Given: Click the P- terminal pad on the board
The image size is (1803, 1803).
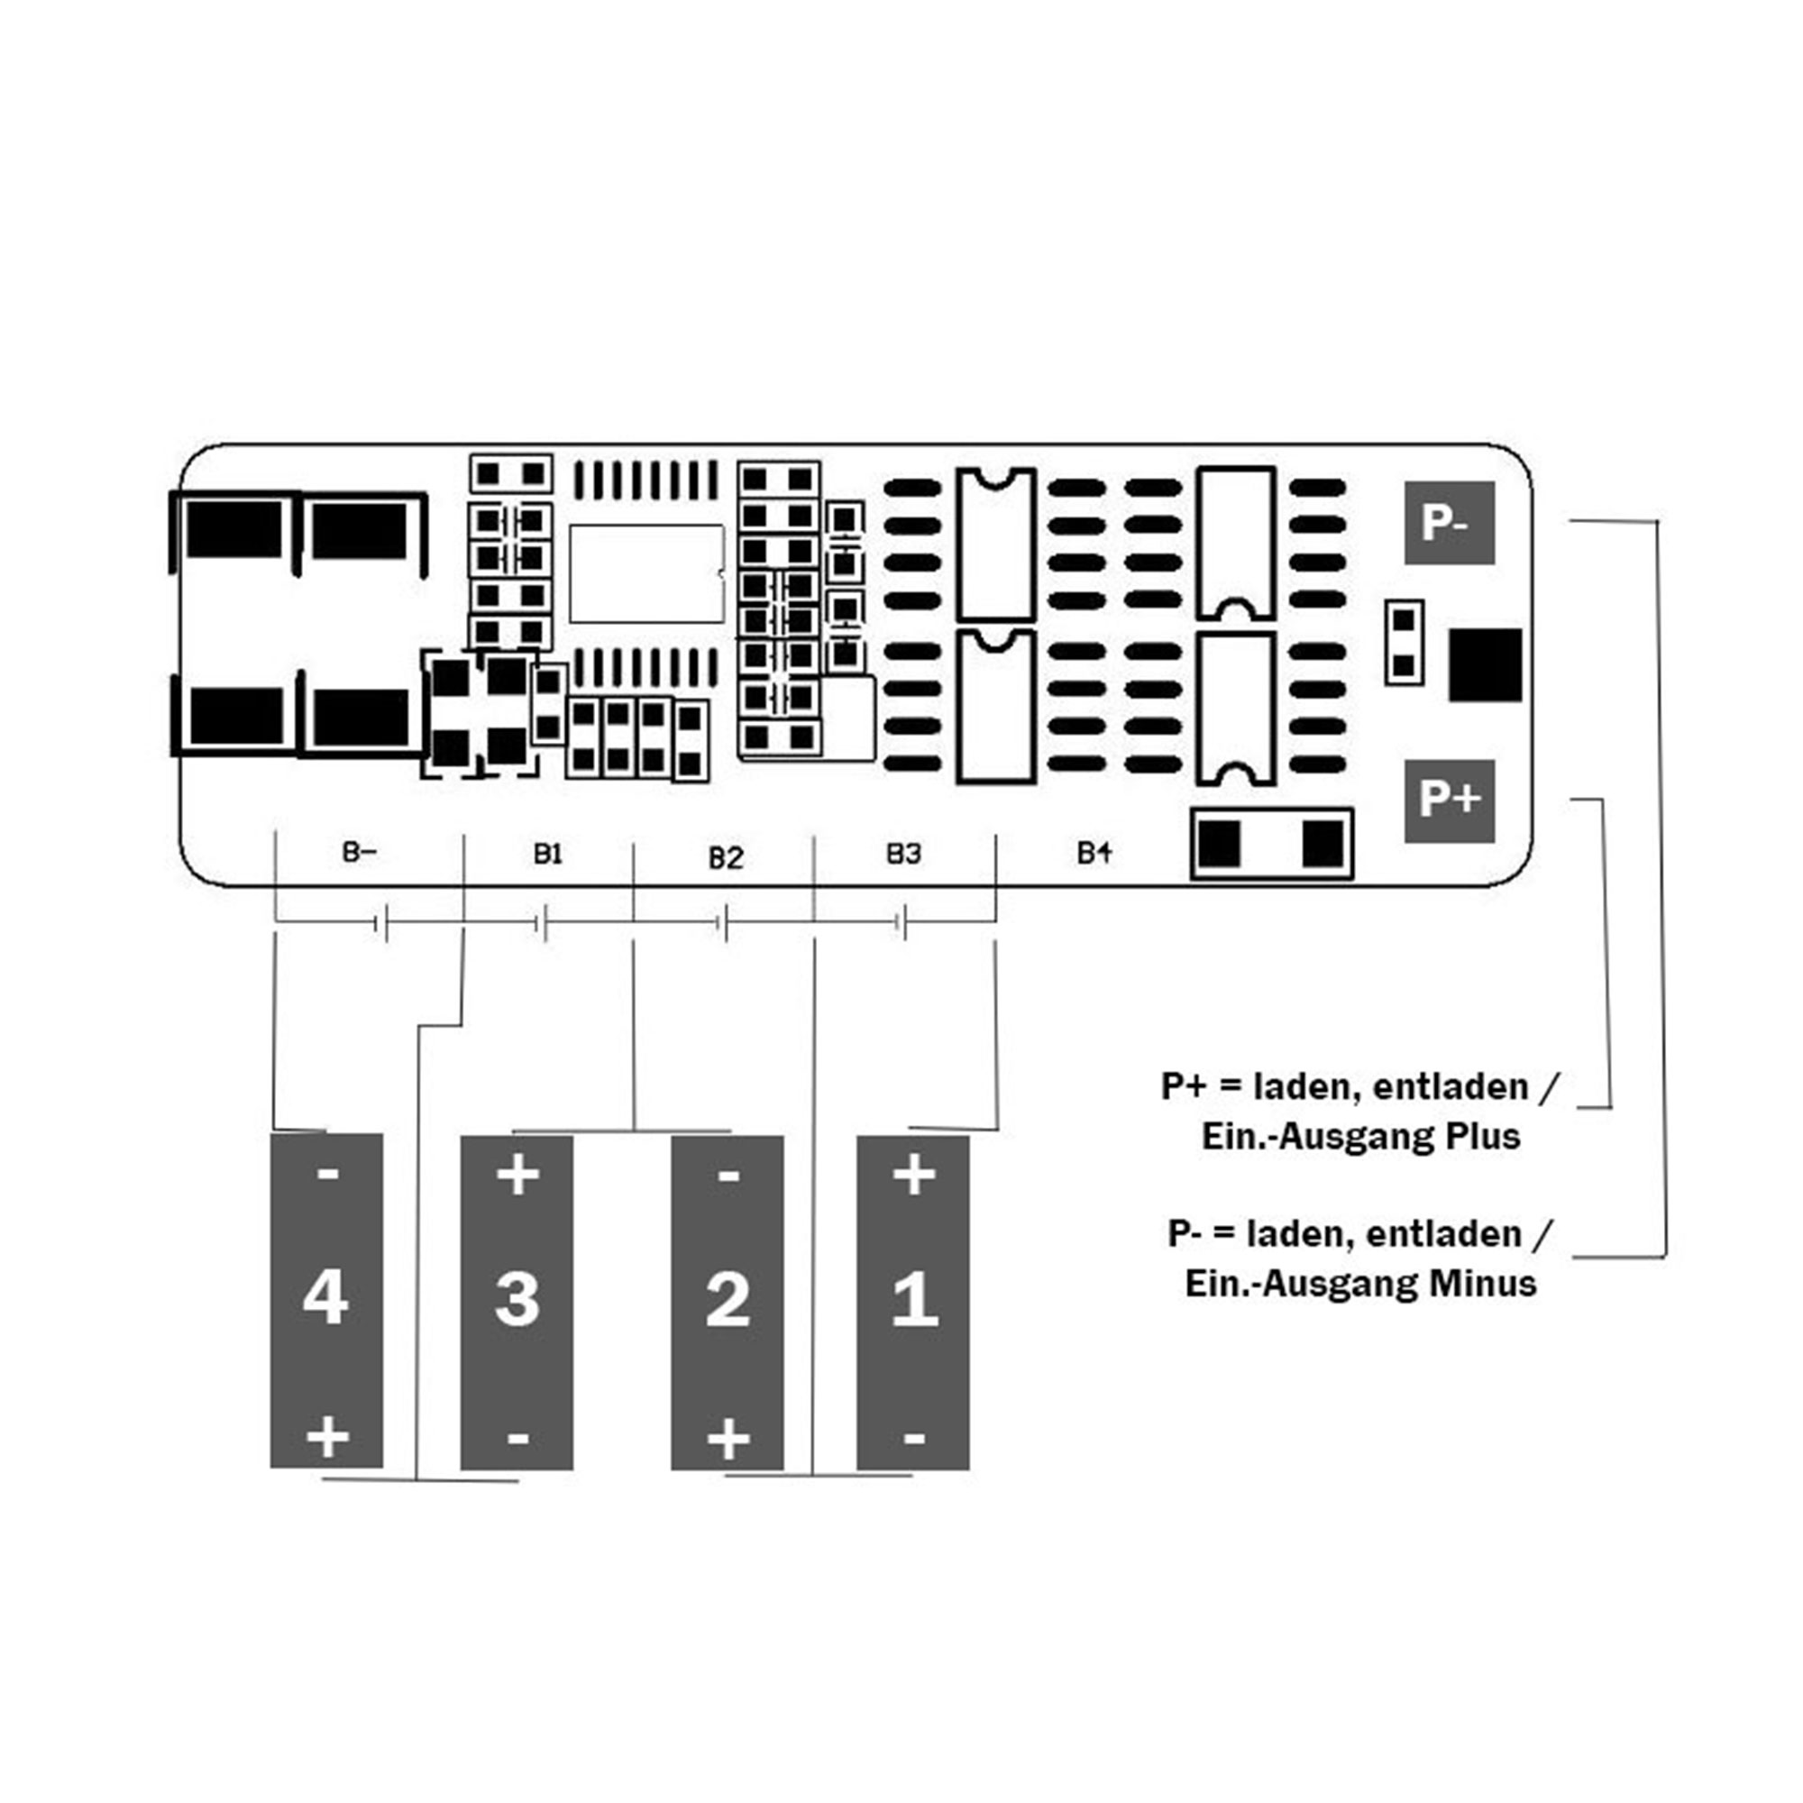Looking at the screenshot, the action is (1450, 523).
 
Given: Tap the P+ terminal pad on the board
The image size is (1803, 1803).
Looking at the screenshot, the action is (1450, 801).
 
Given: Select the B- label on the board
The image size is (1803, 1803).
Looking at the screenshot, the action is (360, 851).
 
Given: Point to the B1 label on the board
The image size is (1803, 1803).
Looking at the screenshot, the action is (548, 853).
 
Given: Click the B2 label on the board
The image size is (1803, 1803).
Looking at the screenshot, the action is (725, 857).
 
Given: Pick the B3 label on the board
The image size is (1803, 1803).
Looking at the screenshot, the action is (903, 853).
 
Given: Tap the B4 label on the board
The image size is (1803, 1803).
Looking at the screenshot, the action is (1094, 852).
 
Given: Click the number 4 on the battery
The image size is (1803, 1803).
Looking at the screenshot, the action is (325, 1297).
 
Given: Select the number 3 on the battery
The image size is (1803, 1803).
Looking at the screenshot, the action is (517, 1298).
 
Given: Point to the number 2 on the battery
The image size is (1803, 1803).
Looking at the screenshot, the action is (728, 1298).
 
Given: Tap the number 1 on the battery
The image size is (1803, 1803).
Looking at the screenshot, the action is (914, 1298).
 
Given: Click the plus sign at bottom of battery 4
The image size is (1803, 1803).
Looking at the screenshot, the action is (327, 1437).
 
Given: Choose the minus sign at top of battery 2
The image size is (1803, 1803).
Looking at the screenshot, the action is (728, 1174).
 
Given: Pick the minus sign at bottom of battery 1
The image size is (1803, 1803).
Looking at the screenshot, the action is (914, 1438).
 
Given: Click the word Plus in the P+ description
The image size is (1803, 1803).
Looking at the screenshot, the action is (1483, 1137).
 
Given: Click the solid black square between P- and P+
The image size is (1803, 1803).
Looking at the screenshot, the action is (1485, 665).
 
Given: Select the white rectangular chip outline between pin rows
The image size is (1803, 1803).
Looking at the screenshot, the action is (646, 574).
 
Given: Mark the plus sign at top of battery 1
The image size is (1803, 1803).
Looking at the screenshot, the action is (914, 1174).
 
